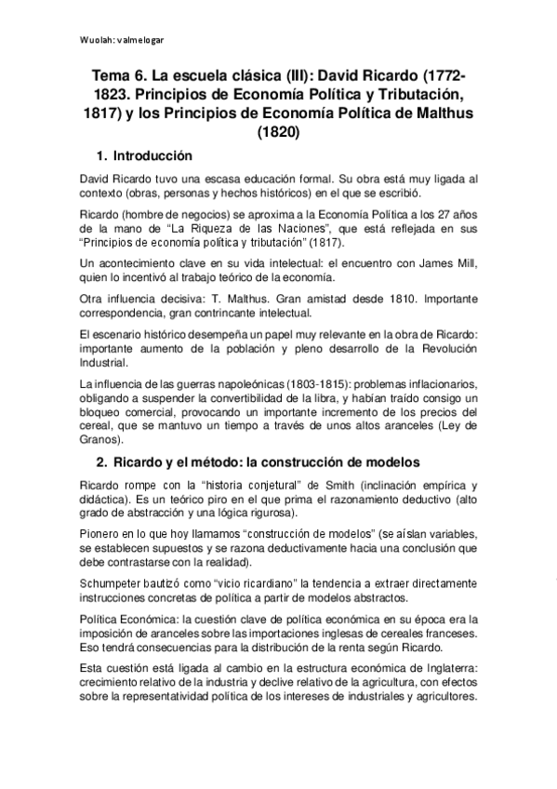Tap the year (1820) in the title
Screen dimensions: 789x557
(278, 131)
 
